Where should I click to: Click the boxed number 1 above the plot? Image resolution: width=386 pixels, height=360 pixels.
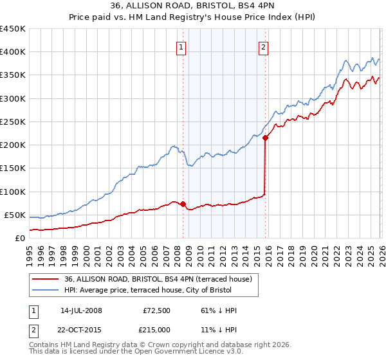(181, 47)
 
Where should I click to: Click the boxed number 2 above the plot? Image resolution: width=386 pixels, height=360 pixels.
(264, 47)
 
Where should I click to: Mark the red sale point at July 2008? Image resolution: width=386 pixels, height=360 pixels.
(183, 204)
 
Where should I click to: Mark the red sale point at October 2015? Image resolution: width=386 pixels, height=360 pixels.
(266, 138)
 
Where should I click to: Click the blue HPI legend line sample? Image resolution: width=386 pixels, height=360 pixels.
(46, 290)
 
